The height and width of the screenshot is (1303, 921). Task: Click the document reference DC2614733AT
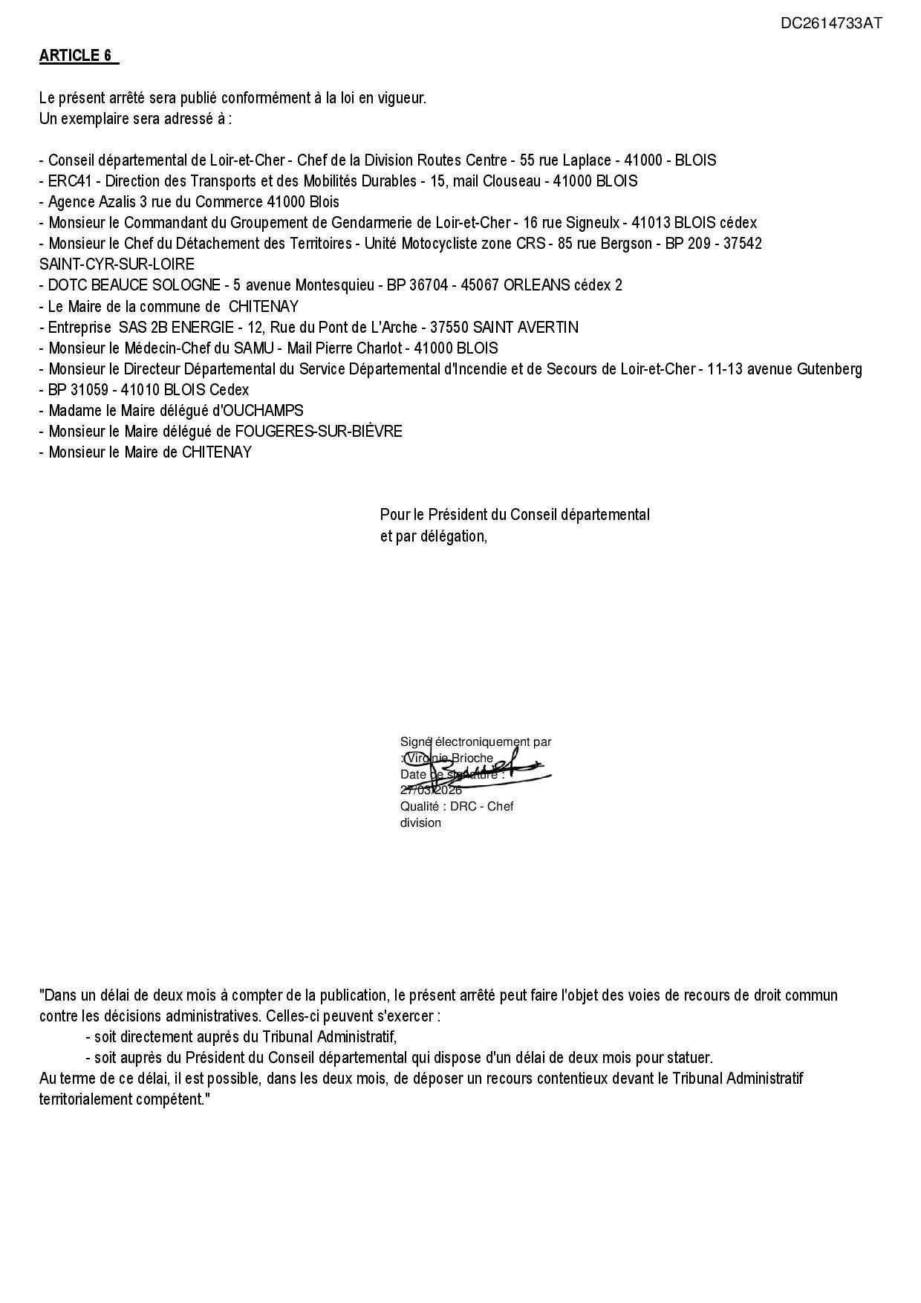click(831, 23)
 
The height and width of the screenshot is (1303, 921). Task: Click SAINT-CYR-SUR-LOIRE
click(117, 264)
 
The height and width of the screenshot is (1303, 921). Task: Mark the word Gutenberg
click(830, 369)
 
